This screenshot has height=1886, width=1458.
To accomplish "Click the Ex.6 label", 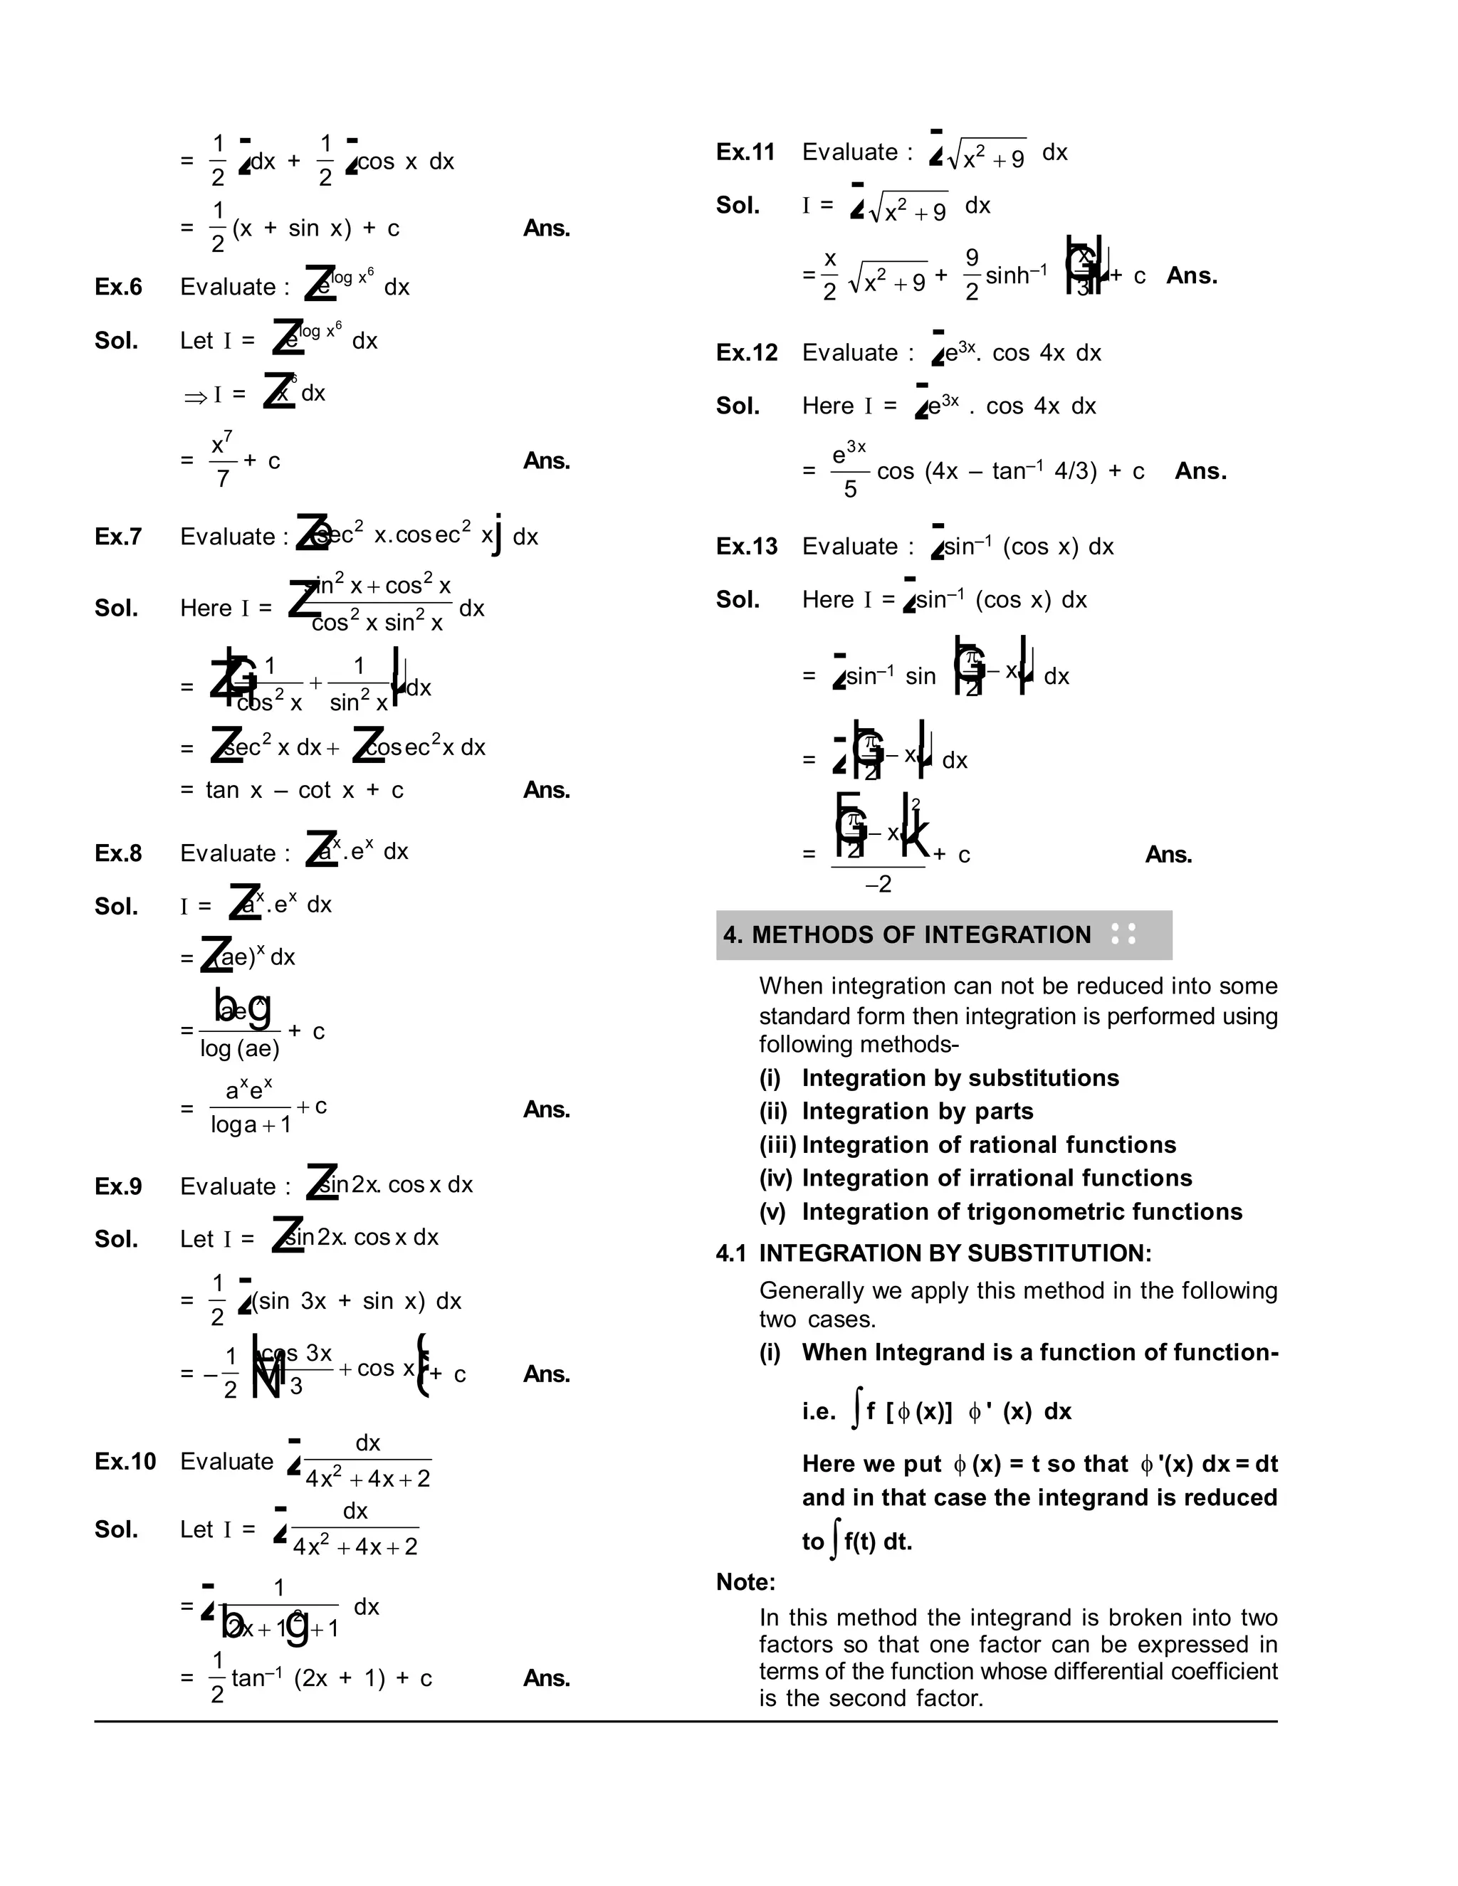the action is [118, 287].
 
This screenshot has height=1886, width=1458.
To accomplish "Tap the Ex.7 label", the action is [118, 537].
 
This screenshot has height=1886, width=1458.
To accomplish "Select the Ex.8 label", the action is [118, 853].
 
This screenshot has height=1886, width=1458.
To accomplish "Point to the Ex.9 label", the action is [118, 1186].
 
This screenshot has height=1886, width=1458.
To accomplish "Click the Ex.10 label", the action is [125, 1461].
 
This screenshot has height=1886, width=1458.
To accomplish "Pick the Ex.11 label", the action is [746, 152].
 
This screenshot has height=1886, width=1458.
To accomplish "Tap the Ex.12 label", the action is [746, 352].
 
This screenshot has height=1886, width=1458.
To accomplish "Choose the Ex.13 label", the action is [746, 546].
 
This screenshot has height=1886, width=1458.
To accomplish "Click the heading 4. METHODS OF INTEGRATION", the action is [907, 934].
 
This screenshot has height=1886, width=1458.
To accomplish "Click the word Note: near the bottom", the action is [745, 1582].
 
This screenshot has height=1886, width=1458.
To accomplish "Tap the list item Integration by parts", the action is [917, 1112].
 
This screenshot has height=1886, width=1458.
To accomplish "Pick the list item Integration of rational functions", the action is [989, 1145].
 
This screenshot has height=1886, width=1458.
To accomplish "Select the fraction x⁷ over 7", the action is [222, 461].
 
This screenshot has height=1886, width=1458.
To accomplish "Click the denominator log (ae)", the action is [240, 1048].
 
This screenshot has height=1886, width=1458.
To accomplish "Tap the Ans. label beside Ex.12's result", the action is [1200, 470].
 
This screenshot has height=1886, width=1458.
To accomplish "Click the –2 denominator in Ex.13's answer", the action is [879, 884].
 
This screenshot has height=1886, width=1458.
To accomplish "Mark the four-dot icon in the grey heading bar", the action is [1123, 934].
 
